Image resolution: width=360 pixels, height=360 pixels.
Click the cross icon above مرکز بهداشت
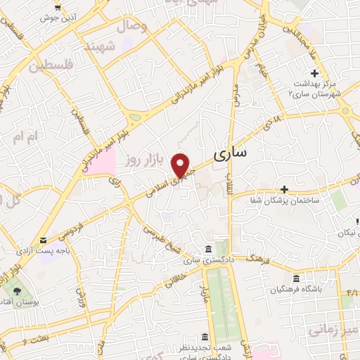click(314, 73)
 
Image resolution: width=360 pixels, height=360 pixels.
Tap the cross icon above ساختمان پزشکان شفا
click(284, 188)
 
